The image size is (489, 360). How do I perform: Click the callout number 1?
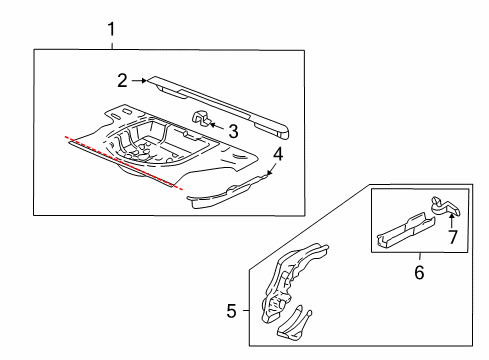(x=111, y=29)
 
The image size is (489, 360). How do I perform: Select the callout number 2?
(x=121, y=80)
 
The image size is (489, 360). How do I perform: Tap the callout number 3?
(x=233, y=130)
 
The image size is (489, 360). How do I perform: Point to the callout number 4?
(x=278, y=154)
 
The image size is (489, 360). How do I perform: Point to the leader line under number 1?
(x=111, y=43)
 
